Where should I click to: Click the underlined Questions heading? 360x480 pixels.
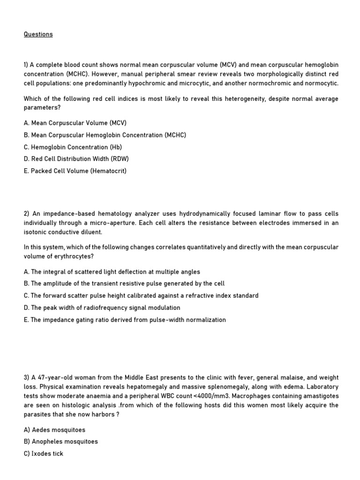(38, 34)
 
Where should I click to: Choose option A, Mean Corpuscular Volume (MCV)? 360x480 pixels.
(75, 123)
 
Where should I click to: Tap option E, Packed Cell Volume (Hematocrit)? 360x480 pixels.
(75, 171)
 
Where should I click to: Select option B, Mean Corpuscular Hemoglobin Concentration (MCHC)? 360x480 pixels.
(105, 135)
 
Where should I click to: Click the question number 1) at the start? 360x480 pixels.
(26, 64)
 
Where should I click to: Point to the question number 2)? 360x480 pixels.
(27, 214)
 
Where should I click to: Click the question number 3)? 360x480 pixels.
(27, 378)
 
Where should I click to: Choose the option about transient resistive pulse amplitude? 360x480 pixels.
(124, 283)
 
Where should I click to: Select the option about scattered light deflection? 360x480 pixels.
(112, 271)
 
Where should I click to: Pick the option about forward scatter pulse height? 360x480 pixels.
(141, 295)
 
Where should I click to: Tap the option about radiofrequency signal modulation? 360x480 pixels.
(102, 307)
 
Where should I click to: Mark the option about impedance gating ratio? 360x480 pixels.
(125, 320)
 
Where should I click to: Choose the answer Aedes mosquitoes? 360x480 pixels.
(54, 429)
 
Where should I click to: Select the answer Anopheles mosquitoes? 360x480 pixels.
(61, 442)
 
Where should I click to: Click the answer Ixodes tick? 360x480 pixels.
(44, 454)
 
